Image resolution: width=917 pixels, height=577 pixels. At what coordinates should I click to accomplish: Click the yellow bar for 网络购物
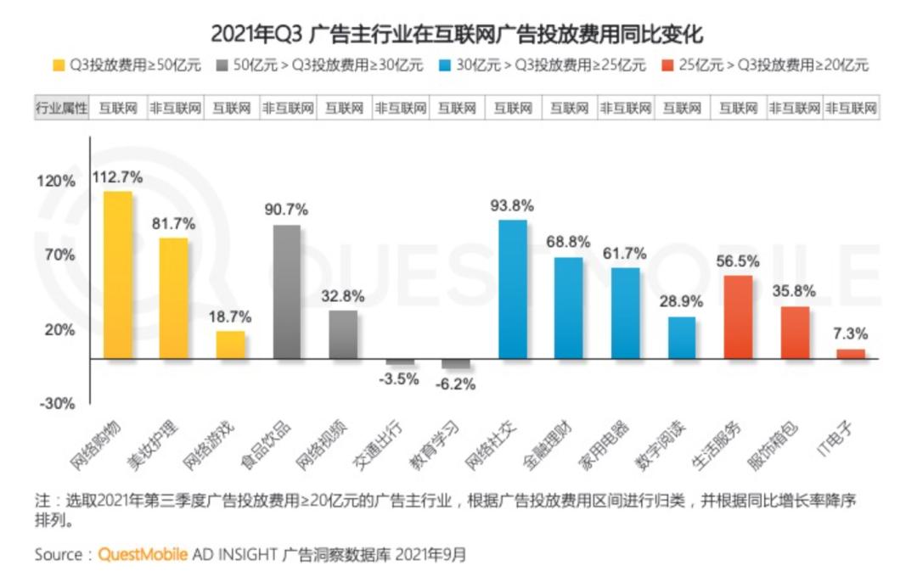[117, 275]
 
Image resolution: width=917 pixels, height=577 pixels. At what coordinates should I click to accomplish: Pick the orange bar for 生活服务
[739, 317]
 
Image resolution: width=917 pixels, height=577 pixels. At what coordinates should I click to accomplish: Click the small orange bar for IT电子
[851, 354]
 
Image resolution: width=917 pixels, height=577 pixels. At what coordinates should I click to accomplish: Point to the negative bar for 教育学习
[456, 364]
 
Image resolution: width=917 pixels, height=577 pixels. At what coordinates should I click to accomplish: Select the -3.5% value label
[399, 379]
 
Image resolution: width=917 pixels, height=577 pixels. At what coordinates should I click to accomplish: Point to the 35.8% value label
[795, 291]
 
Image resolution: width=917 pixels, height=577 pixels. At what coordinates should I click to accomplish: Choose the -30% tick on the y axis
[57, 404]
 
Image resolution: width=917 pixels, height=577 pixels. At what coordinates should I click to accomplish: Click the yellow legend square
[59, 65]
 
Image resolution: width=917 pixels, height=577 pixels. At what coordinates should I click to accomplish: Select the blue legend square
[444, 65]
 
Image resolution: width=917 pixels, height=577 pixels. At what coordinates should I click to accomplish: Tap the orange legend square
[667, 65]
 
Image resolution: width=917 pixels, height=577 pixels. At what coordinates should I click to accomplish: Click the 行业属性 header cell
[61, 108]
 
